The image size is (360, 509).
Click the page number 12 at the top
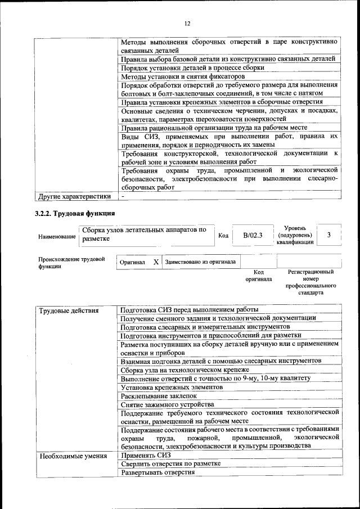coord(187,23)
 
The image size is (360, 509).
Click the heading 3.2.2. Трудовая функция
coord(75,213)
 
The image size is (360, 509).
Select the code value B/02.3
coord(253,235)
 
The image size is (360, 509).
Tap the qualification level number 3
coord(329,235)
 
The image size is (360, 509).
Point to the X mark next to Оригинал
coord(156,262)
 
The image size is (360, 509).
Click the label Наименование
coord(57,237)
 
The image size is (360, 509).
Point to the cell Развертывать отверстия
coord(157,472)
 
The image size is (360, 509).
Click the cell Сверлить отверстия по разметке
coord(170,463)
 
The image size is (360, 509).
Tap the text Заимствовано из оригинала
coord(200,262)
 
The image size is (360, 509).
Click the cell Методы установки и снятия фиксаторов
coord(183,76)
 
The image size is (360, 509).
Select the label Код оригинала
coord(259,276)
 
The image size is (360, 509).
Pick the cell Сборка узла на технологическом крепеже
coord(184,370)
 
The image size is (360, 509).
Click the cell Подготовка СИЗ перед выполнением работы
coord(189,309)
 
